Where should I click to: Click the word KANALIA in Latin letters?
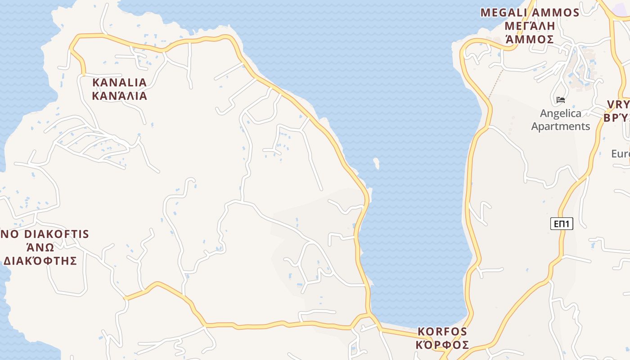(x=119, y=82)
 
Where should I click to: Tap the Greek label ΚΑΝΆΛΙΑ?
(x=119, y=96)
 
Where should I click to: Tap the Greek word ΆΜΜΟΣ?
(x=530, y=39)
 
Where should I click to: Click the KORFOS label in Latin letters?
(x=442, y=332)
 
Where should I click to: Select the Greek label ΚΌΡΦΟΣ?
(x=442, y=345)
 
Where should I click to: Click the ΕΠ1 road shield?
(x=562, y=224)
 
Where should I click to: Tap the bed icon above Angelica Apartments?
(x=561, y=99)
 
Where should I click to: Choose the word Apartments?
(x=561, y=126)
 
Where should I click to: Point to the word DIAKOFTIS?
(x=56, y=234)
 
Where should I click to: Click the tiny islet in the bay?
(x=376, y=163)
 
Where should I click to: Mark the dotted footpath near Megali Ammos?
(x=495, y=83)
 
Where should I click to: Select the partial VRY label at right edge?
(x=619, y=105)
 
